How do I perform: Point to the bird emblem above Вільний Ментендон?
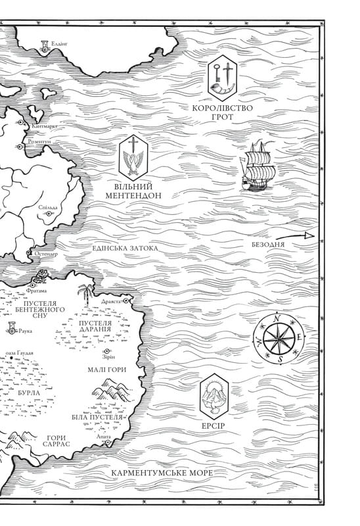(135, 158)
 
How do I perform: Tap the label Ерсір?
(214, 425)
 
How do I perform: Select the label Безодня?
(268, 245)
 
